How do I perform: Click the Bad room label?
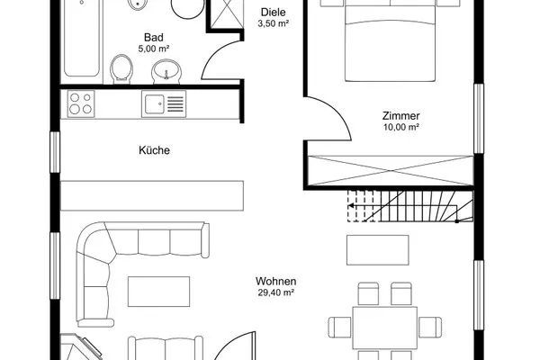click(154, 37)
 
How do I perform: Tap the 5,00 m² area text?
click(154, 49)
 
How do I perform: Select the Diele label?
click(274, 13)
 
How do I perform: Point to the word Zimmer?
click(401, 116)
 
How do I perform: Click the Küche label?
click(154, 150)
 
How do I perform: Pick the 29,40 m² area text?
click(276, 292)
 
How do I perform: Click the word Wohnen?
click(276, 281)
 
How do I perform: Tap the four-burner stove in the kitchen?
click(81, 103)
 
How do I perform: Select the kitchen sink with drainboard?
click(164, 103)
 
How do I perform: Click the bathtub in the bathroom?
click(82, 38)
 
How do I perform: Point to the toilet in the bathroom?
click(121, 69)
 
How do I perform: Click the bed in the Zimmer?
click(391, 40)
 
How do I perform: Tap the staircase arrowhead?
click(351, 206)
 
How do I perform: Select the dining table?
click(384, 328)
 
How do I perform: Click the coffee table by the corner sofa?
click(158, 292)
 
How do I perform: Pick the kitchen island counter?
click(152, 195)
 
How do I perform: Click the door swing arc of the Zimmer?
click(339, 112)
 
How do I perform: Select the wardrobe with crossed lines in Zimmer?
click(391, 170)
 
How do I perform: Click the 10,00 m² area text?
click(401, 127)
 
